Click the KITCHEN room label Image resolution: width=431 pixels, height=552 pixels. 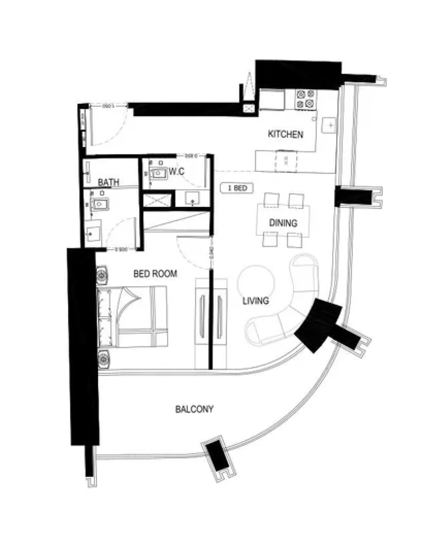coord(285,134)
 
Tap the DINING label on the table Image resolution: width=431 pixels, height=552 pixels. coord(283,223)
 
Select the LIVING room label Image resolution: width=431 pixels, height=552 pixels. coord(256,300)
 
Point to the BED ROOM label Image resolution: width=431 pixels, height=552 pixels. coord(155,273)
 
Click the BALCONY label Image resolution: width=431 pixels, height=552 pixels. coord(194,409)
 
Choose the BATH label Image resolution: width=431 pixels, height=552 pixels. coord(108,182)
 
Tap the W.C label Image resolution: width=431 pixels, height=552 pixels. coord(176,172)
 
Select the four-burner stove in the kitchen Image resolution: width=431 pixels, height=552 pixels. coord(306,99)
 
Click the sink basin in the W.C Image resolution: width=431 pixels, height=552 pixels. coord(158,173)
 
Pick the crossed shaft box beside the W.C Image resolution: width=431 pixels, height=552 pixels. coord(157,200)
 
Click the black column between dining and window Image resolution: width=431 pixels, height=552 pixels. coord(354,196)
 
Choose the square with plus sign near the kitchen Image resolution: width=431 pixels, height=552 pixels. coord(329,125)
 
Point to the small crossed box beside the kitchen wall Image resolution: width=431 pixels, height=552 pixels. coord(250,108)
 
